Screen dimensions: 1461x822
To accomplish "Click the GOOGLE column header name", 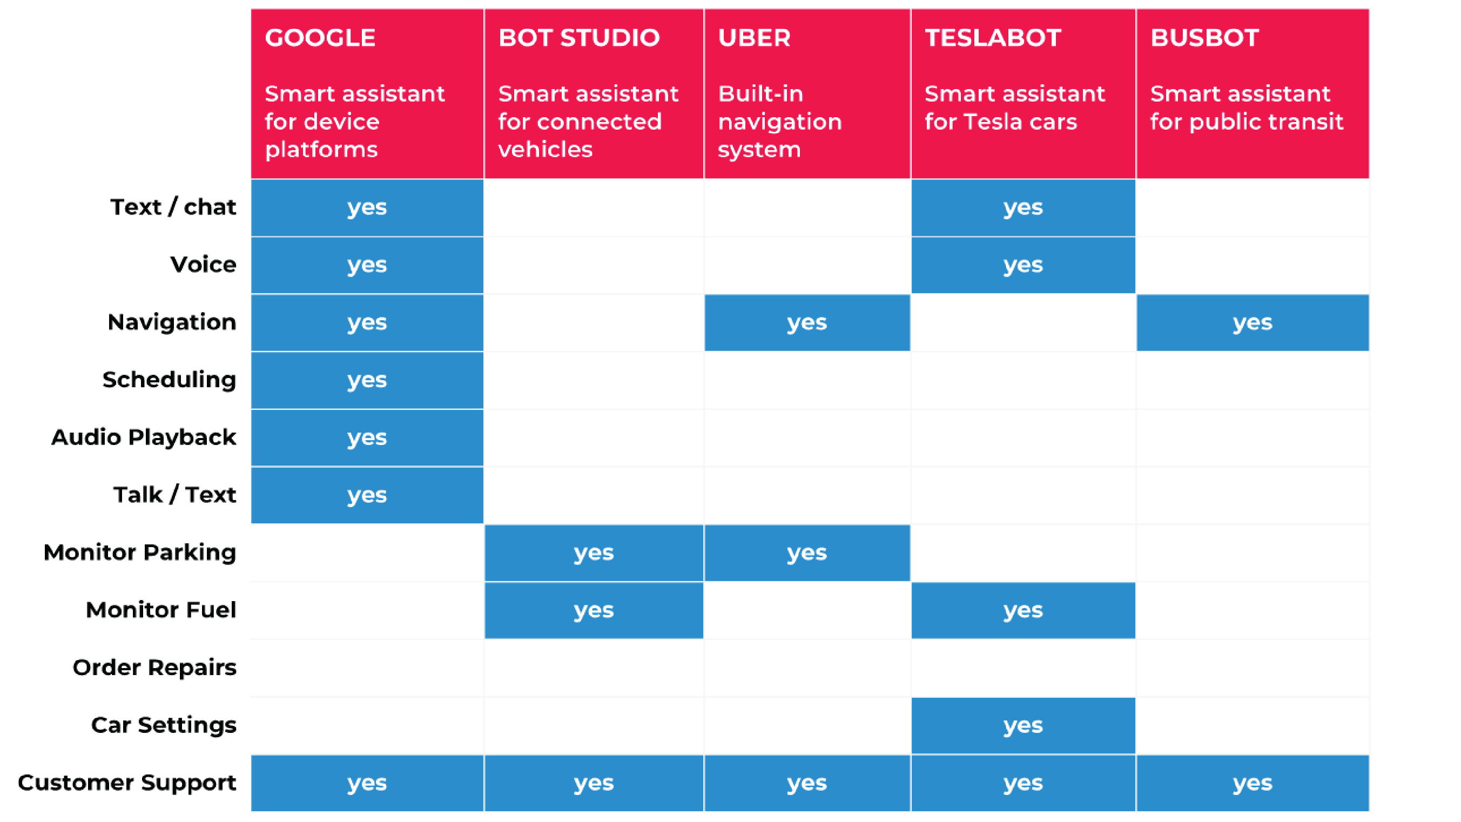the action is tap(320, 38).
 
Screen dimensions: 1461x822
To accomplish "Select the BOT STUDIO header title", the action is tap(579, 38).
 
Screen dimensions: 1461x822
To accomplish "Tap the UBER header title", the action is tap(755, 38).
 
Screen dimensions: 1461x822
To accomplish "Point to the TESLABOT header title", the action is tap(993, 38).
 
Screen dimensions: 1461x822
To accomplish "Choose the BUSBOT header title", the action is tap(1204, 38).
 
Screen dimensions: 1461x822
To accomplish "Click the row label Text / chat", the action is tap(173, 207).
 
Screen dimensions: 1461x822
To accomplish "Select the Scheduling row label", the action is tap(169, 380).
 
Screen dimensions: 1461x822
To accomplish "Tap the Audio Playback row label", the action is tap(144, 437).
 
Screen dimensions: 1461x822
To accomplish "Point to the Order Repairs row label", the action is tap(154, 668).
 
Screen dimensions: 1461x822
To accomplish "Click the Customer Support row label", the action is tap(127, 783).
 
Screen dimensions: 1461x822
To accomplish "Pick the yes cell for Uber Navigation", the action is tap(807, 322).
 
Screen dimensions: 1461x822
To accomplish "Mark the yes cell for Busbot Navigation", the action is tap(1253, 322).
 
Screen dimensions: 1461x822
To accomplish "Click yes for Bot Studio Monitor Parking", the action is tap(594, 553).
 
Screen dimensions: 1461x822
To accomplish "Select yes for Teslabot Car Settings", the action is tap(1023, 725).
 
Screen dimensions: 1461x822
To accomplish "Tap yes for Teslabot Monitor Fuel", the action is tap(1023, 610).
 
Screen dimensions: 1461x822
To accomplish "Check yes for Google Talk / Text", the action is tap(367, 495).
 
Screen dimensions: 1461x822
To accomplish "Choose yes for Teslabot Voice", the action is tap(1023, 265).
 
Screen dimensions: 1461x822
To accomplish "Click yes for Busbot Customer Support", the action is tap(1253, 784).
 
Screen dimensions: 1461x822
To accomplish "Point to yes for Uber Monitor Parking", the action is tap(807, 553).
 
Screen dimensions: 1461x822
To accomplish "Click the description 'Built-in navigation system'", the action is tap(780, 122).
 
